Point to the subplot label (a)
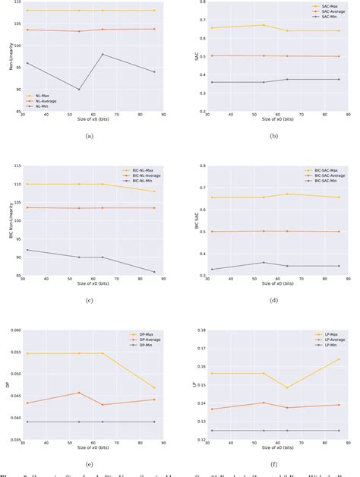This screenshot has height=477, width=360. click(90, 136)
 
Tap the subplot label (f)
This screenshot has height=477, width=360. click(270, 463)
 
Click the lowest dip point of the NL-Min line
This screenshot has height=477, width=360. click(79, 90)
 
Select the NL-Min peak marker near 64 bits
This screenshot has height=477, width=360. click(103, 54)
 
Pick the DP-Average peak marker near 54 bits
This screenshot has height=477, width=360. click(79, 393)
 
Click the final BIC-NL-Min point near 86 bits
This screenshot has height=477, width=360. click(154, 272)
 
